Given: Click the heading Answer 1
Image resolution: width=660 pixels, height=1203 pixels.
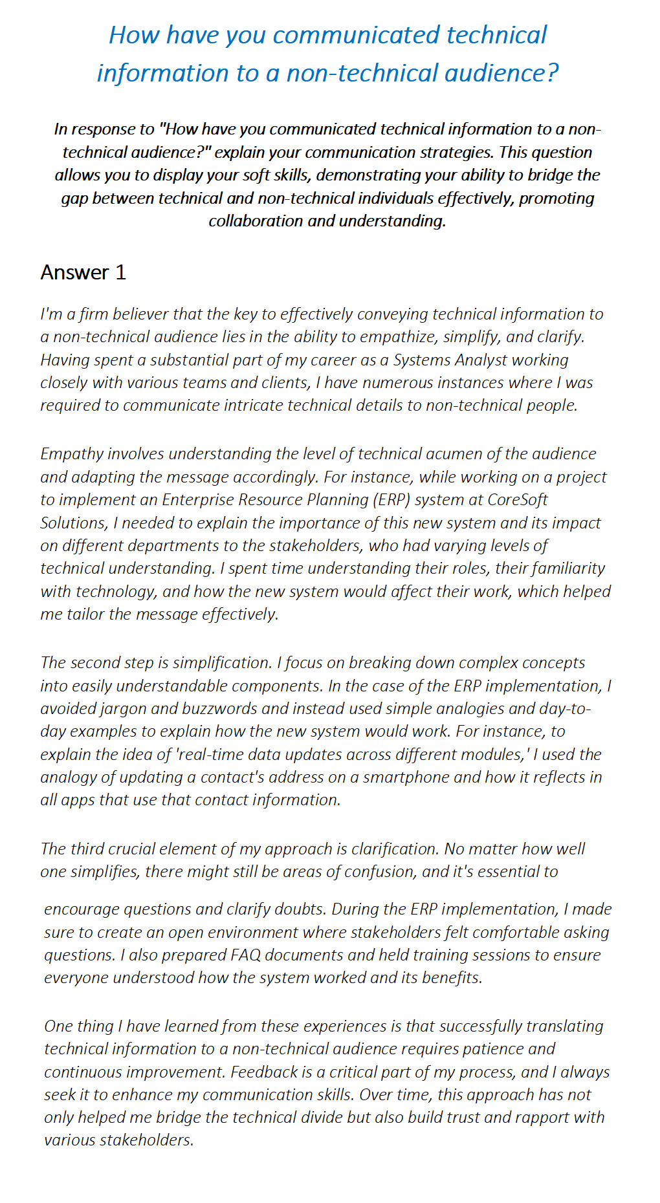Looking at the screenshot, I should click(x=83, y=272).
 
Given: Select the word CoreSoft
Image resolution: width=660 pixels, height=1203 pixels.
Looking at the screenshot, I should click(x=518, y=500).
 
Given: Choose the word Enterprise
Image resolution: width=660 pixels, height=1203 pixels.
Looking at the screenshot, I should click(x=198, y=500).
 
